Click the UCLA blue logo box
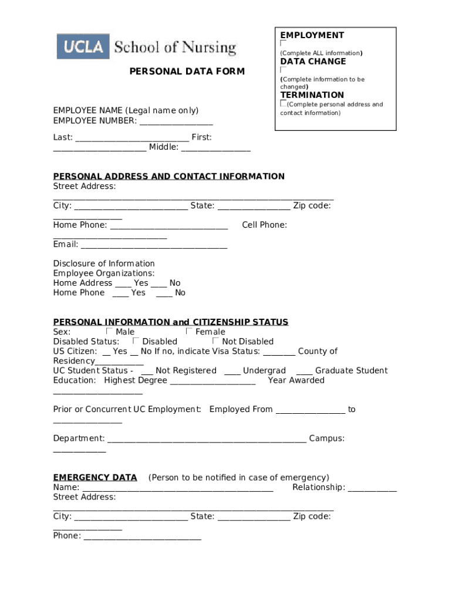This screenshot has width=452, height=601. point(83,46)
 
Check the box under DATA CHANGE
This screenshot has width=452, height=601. point(284,70)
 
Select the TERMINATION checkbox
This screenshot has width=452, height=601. point(284,103)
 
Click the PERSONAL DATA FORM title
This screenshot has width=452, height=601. point(187,72)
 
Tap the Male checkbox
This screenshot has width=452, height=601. point(110,332)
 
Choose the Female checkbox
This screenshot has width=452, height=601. point(189,332)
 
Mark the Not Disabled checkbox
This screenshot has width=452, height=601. point(215,341)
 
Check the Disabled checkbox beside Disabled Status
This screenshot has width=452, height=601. point(136,341)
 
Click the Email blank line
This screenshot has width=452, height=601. point(154,246)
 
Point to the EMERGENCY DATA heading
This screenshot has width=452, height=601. point(95,477)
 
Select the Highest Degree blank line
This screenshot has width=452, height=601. point(212,381)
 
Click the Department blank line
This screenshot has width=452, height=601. point(207,440)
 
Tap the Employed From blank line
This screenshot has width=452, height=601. point(310,411)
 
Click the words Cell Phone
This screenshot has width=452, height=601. point(264,225)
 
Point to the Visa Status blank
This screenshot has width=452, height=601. point(279,353)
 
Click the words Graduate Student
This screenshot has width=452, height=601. point(351,370)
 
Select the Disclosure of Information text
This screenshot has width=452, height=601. point(104,264)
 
